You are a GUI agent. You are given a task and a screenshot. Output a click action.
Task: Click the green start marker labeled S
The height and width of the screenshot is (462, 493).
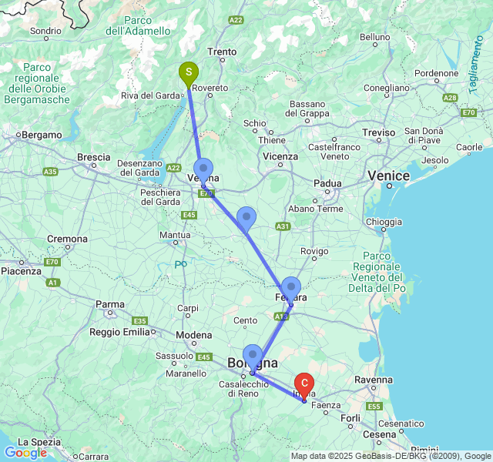(188, 73)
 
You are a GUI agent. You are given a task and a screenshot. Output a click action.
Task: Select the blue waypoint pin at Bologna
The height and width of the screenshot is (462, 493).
(253, 356)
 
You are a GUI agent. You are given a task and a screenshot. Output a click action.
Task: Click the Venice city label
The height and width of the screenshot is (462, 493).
(388, 176)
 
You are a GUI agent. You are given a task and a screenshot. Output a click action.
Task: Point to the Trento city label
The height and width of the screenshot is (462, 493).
(222, 52)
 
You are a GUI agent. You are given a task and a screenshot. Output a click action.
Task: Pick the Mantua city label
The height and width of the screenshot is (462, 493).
(175, 235)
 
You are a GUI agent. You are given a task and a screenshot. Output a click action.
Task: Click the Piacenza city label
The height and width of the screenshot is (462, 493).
(21, 271)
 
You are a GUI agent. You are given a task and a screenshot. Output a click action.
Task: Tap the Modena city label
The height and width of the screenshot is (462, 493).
(193, 335)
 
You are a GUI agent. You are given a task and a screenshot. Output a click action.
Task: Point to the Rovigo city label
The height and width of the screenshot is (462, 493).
(314, 251)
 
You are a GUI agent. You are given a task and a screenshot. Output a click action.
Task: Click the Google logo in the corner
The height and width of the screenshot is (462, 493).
(25, 453)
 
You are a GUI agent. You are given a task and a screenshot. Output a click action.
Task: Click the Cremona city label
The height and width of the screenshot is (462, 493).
(68, 239)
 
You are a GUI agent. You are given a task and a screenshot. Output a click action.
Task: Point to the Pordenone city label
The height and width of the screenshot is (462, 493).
(437, 74)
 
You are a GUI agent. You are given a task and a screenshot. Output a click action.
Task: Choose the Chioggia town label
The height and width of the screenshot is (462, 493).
(384, 222)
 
